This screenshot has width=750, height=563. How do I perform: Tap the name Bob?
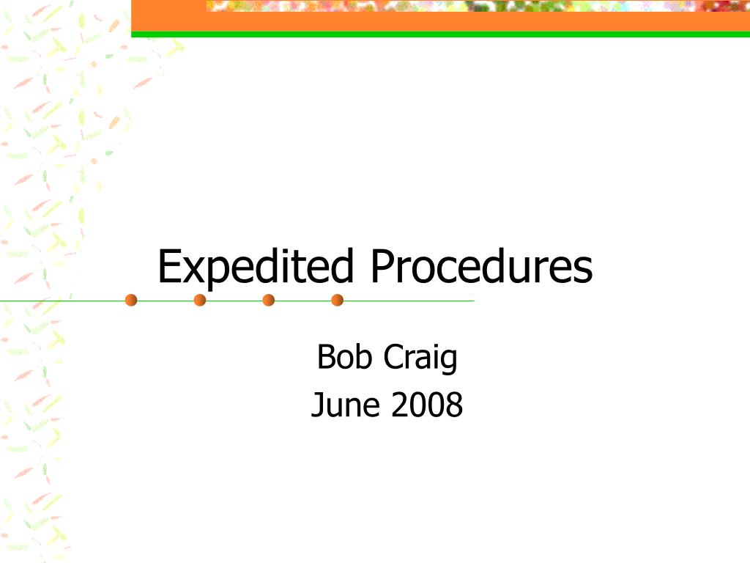344,357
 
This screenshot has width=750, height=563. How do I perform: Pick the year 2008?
427,405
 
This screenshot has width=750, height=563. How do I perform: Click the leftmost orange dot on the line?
131,300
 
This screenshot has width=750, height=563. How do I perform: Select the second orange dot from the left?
200,300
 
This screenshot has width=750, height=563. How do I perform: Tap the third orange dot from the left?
269,300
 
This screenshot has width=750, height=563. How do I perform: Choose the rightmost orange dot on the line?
337,300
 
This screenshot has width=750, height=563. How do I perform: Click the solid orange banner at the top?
440,21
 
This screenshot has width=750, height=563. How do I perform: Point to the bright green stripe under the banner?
440,34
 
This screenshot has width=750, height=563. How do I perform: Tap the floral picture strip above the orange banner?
478,5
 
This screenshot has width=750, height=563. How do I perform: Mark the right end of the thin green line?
474,301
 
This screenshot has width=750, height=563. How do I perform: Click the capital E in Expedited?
169,265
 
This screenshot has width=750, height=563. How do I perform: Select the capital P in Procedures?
382,265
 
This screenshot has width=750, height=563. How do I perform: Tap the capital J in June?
316,405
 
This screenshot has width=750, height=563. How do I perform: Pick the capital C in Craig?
393,357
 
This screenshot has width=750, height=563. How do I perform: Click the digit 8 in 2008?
454,405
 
